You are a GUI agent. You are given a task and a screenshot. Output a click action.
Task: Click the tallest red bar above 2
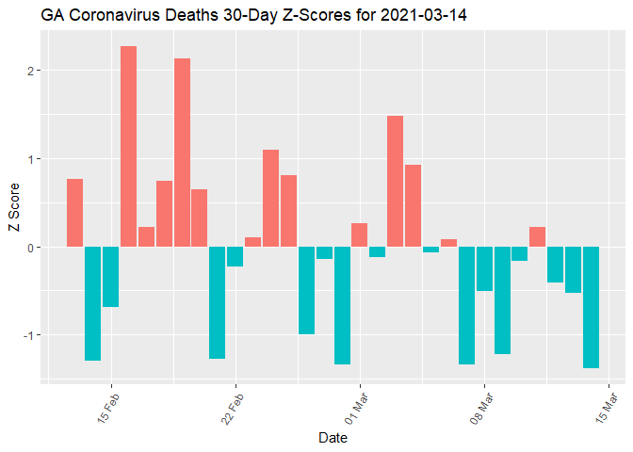pos(128,146)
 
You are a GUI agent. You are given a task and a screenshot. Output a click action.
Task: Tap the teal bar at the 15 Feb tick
pos(110,277)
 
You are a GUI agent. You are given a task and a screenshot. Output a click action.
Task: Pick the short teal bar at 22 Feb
pos(235,256)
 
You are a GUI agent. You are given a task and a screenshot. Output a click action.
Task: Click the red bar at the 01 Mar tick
pos(359,235)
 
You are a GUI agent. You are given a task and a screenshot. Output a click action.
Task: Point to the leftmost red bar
pos(74,213)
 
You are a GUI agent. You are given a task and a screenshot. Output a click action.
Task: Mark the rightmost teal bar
pos(591,307)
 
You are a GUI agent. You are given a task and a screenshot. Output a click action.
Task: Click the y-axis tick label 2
pos(31,71)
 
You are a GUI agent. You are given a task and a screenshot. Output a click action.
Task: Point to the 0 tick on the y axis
pos(31,247)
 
